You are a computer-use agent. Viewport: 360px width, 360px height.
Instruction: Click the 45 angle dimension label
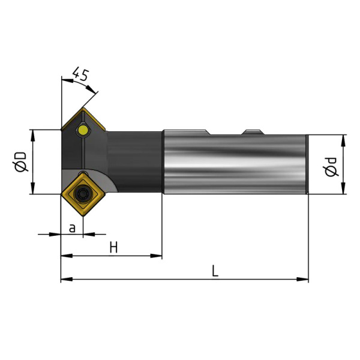pyautogui.click(x=80, y=74)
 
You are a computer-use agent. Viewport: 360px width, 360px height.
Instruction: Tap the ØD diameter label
pyautogui.click(x=20, y=161)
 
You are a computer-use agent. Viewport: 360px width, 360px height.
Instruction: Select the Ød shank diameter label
pyautogui.click(x=332, y=167)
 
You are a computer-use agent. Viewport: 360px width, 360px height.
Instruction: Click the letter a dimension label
pyautogui.click(x=72, y=228)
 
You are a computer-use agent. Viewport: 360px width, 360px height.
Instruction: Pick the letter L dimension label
pyautogui.click(x=215, y=271)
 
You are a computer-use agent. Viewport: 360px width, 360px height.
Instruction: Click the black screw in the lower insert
pyautogui.click(x=83, y=194)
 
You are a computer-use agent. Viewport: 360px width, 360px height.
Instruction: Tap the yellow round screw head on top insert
pyautogui.click(x=83, y=131)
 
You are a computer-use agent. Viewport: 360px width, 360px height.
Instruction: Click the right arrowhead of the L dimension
pyautogui.click(x=302, y=280)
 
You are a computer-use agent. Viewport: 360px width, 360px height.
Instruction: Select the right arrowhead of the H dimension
pyautogui.click(x=156, y=256)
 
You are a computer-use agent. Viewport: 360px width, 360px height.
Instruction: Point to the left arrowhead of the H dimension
pyautogui.click(x=67, y=256)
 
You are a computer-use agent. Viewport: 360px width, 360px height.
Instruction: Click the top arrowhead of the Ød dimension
pyautogui.click(x=343, y=141)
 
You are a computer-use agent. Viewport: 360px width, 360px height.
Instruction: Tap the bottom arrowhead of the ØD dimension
pyautogui.click(x=33, y=188)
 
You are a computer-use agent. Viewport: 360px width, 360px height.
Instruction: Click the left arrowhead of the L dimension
pyautogui.click(x=67, y=280)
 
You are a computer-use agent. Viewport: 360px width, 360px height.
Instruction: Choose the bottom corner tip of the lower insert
pyautogui.click(x=83, y=216)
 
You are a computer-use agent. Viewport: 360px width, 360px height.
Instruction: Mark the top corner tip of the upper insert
pyautogui.click(x=83, y=108)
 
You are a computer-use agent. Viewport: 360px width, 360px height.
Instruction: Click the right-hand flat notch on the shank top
pyautogui.click(x=253, y=132)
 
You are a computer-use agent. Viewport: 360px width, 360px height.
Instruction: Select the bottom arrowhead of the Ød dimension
pyautogui.click(x=343, y=188)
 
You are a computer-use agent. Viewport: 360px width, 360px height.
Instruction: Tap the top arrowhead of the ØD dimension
pyautogui.click(x=33, y=136)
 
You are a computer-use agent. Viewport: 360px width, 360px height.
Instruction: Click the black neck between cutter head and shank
pyautogui.click(x=135, y=162)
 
